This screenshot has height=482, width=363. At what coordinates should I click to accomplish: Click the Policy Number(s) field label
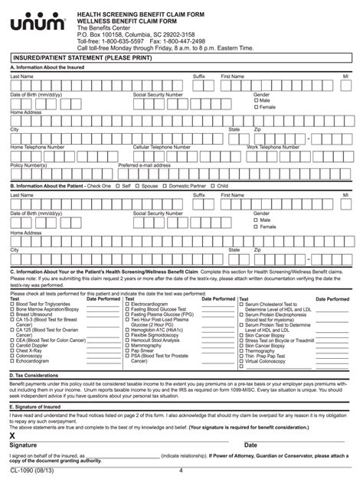[x=28, y=164]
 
